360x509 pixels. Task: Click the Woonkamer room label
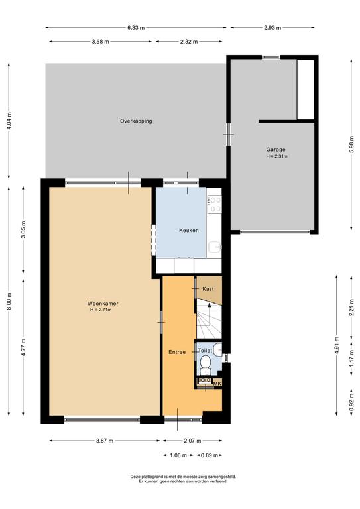[x=103, y=304]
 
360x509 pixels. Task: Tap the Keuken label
[x=188, y=231]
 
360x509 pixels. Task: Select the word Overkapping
[x=136, y=121]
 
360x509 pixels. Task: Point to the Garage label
[x=276, y=150]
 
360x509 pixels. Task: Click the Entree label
[x=177, y=352]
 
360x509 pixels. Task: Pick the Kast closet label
[x=208, y=288]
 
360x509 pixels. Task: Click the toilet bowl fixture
[x=205, y=365]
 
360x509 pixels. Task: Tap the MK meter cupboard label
[x=217, y=383]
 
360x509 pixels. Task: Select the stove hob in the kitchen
[x=214, y=204]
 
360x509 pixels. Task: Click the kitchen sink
[x=215, y=247]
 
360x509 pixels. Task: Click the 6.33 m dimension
[x=136, y=28]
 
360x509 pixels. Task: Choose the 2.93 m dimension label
[x=272, y=28]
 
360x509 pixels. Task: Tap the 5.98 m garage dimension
[x=351, y=145]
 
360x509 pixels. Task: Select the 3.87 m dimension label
[x=105, y=441]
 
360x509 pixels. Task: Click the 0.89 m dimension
[x=210, y=455]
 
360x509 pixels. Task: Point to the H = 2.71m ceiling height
[x=101, y=310]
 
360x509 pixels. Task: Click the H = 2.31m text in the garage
[x=277, y=156]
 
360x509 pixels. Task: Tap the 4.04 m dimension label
[x=9, y=121]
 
